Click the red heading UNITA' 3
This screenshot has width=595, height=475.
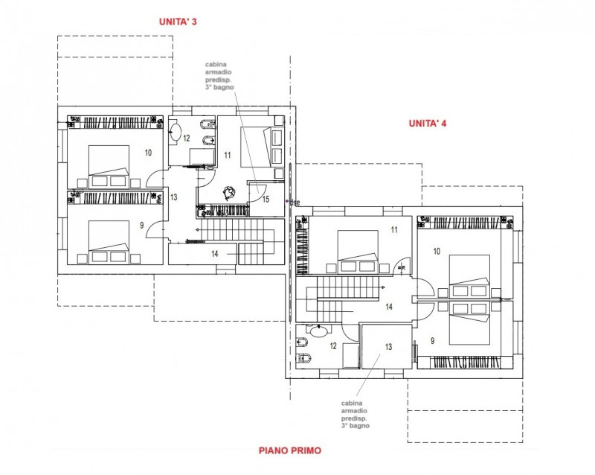click(178, 22)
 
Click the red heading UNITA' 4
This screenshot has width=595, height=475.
click(427, 124)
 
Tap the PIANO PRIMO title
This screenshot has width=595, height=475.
click(290, 450)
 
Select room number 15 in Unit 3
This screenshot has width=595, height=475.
click(265, 199)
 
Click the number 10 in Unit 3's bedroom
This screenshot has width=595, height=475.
click(148, 153)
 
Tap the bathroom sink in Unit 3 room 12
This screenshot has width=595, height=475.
click(176, 134)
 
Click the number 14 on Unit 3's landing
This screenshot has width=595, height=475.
click(214, 254)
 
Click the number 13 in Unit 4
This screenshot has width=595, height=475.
click(387, 346)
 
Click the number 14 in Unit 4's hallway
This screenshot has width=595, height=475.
click(387, 306)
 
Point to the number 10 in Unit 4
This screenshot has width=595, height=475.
click(436, 252)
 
